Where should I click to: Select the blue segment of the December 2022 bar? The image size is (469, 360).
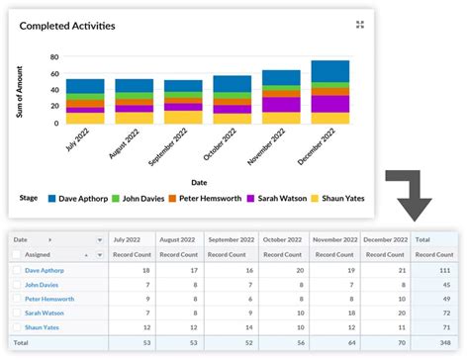pos(329,70)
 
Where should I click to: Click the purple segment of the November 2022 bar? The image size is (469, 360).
pos(281,104)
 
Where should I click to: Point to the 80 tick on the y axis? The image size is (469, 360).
pos(52,57)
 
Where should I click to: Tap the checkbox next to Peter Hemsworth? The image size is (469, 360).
pos(15,298)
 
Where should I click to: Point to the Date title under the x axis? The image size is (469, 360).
pos(199,181)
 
